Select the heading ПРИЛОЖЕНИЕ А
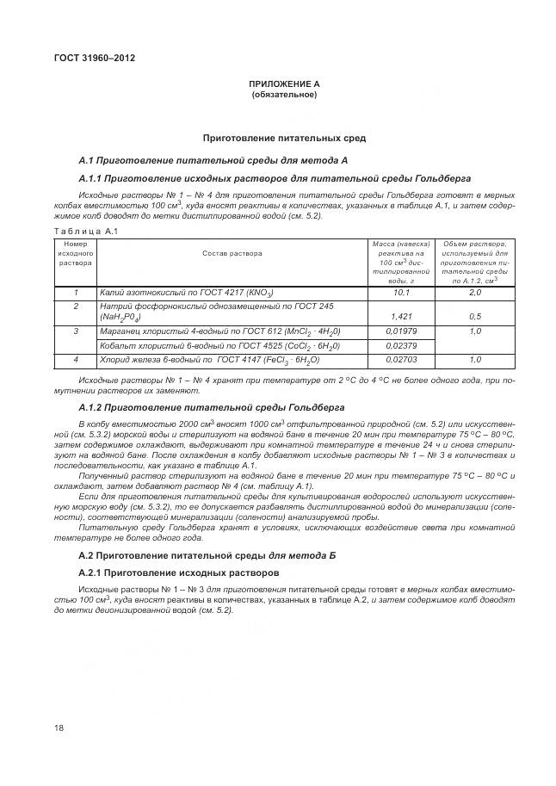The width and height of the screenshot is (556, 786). tap(283, 84)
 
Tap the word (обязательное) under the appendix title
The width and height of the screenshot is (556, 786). tap(283, 95)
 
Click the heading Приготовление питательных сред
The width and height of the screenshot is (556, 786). tap(283, 138)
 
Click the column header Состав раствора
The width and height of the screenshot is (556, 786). tap(232, 253)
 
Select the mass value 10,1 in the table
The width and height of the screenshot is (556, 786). tap(400, 293)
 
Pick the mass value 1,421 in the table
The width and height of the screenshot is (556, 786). tap(400, 317)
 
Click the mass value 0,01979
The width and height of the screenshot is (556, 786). tap(400, 331)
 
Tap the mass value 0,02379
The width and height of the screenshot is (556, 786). tap(400, 346)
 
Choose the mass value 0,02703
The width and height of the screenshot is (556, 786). tap(400, 360)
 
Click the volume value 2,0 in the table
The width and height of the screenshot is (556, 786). tap(474, 293)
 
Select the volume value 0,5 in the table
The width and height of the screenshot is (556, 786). tap(474, 317)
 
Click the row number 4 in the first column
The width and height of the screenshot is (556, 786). tap(76, 360)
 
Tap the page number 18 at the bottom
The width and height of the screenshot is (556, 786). tap(59, 728)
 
